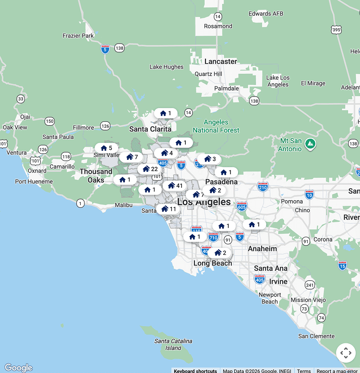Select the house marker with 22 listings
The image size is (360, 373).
tap(150, 169)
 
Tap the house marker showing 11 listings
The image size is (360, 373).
tap(168, 209)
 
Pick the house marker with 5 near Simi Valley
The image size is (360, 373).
tap(107, 148)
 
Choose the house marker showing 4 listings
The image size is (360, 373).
tap(167, 153)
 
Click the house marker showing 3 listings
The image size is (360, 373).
tap(210, 159)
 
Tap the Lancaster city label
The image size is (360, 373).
tap(221, 61)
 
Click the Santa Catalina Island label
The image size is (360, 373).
tap(173, 344)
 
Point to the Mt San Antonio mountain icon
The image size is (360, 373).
tap(311, 143)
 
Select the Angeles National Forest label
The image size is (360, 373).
tap(216, 126)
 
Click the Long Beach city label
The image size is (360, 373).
tap(213, 263)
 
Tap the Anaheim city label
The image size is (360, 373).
tap(262, 249)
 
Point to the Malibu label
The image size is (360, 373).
tap(123, 205)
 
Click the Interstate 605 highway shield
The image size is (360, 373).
tap(242, 206)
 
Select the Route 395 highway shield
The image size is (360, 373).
tap(336, 30)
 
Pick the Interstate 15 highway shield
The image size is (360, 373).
tap(342, 265)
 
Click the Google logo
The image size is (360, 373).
tap(18, 368)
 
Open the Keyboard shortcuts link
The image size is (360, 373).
tap(195, 371)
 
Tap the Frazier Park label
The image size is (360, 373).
tap(78, 36)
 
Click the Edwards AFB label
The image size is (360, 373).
tap(266, 13)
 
